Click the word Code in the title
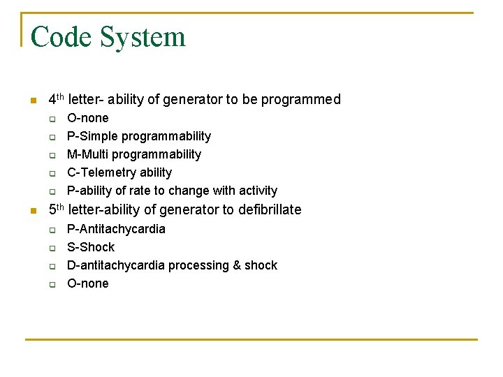click(61, 36)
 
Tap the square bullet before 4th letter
click(31, 101)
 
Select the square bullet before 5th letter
click(31, 211)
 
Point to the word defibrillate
click(270, 209)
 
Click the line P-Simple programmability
click(138, 136)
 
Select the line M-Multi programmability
click(133, 154)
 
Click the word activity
click(258, 191)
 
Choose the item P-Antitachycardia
click(116, 229)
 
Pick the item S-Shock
click(90, 247)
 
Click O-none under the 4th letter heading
click(87, 118)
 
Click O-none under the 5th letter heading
click(87, 283)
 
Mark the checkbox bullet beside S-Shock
click(52, 248)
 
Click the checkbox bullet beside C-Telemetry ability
click(52, 173)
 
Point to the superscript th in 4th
click(61, 96)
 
